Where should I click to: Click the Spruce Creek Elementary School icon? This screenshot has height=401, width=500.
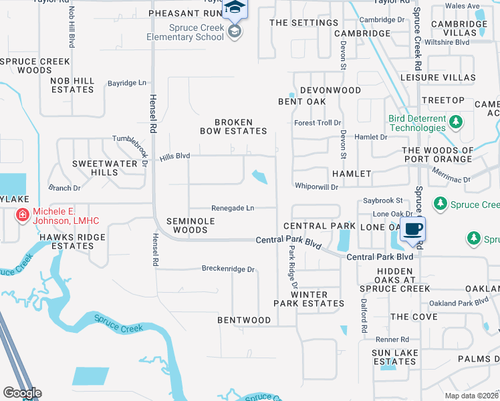point(235,31)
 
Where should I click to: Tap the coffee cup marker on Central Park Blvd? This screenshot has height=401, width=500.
point(412,229)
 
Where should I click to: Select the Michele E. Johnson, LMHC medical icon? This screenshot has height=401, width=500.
point(23,215)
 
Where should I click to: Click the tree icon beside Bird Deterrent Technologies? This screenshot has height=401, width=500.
point(456,122)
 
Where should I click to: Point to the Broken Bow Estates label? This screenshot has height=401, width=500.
point(233,126)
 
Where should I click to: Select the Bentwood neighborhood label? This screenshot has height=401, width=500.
point(244,320)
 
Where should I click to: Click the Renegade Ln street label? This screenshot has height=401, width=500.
point(233,208)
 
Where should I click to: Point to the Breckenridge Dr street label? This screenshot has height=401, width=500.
point(229,269)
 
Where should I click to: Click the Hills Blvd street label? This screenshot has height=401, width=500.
point(174,157)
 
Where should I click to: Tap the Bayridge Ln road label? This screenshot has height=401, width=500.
point(127,83)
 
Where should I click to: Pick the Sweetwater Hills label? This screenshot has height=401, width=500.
point(95,168)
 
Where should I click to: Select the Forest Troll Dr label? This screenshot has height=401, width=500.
point(318,123)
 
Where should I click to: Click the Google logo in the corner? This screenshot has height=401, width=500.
point(22,392)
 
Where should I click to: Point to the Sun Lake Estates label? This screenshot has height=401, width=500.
point(394,357)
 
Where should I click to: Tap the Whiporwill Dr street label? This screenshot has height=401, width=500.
point(318,186)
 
